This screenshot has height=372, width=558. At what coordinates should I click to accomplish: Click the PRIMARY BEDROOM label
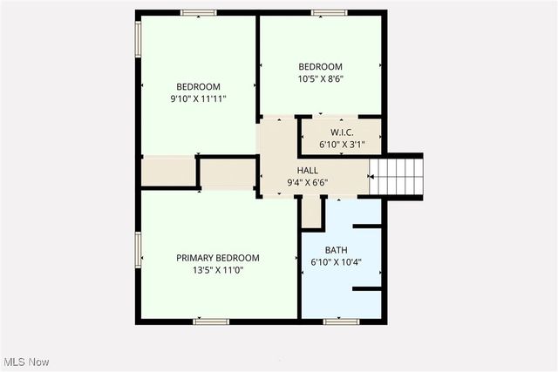tap(218, 258)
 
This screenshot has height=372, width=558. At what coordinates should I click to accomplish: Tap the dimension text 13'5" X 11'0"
tap(218, 270)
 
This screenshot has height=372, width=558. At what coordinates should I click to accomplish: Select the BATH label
tap(336, 249)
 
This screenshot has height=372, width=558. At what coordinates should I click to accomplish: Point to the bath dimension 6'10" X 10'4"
tap(336, 261)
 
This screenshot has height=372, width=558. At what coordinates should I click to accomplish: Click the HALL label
tap(308, 171)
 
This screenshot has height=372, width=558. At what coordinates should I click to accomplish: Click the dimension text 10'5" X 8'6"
tap(320, 79)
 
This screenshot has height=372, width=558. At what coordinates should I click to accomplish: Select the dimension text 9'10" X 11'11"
tap(198, 99)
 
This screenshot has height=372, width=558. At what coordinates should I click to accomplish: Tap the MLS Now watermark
tap(25, 362)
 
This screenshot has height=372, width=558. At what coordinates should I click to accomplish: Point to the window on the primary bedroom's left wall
tap(138, 251)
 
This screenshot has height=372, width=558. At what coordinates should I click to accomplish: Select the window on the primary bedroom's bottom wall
tap(211, 321)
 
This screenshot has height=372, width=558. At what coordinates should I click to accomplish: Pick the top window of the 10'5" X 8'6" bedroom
tap(329, 12)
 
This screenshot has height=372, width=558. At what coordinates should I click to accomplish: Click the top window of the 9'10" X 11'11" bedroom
tap(199, 12)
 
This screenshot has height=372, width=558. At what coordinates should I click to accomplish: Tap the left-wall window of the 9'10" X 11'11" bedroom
tap(138, 39)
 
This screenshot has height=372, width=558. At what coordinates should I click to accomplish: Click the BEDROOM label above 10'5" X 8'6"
tap(320, 67)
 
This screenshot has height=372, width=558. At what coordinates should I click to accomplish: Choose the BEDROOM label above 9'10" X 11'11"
tap(198, 87)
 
